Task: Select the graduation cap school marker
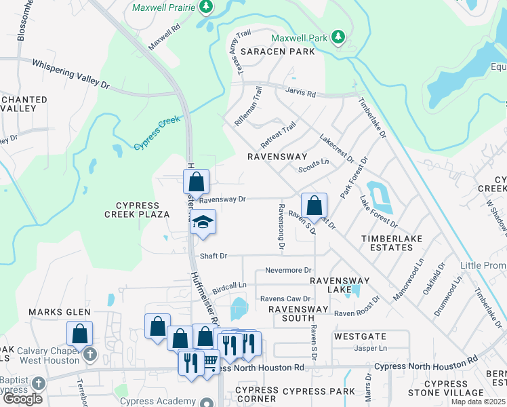click(x=202, y=222)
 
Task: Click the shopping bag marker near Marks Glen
click(x=79, y=333)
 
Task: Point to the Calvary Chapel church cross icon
click(x=88, y=354)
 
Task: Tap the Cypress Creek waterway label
click(x=157, y=133)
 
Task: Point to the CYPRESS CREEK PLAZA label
click(x=136, y=210)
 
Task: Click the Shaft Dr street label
click(x=214, y=256)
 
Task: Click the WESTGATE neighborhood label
click(x=360, y=336)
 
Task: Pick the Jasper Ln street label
click(x=370, y=348)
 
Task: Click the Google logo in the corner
click(x=23, y=398)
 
